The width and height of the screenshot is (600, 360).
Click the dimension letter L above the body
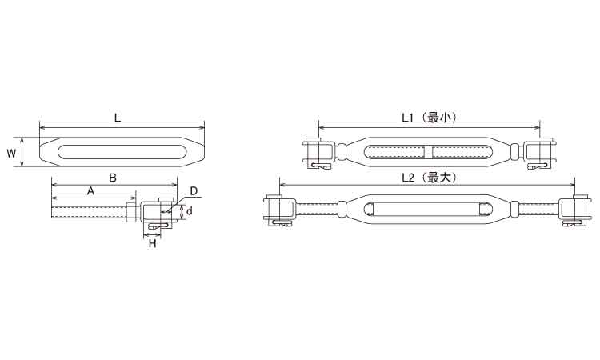(x=118, y=118)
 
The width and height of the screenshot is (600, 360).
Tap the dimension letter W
(x=10, y=151)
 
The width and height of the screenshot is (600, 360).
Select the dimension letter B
(x=113, y=178)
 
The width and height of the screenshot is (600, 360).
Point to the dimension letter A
(x=90, y=191)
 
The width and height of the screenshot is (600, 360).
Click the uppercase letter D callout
(x=193, y=192)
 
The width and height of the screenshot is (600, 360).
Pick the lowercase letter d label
(x=190, y=212)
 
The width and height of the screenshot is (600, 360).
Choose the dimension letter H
(x=153, y=243)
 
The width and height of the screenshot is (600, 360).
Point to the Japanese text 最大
(x=443, y=178)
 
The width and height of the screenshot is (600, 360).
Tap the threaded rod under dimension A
(x=88, y=213)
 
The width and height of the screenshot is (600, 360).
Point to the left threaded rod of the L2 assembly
(x=316, y=210)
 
